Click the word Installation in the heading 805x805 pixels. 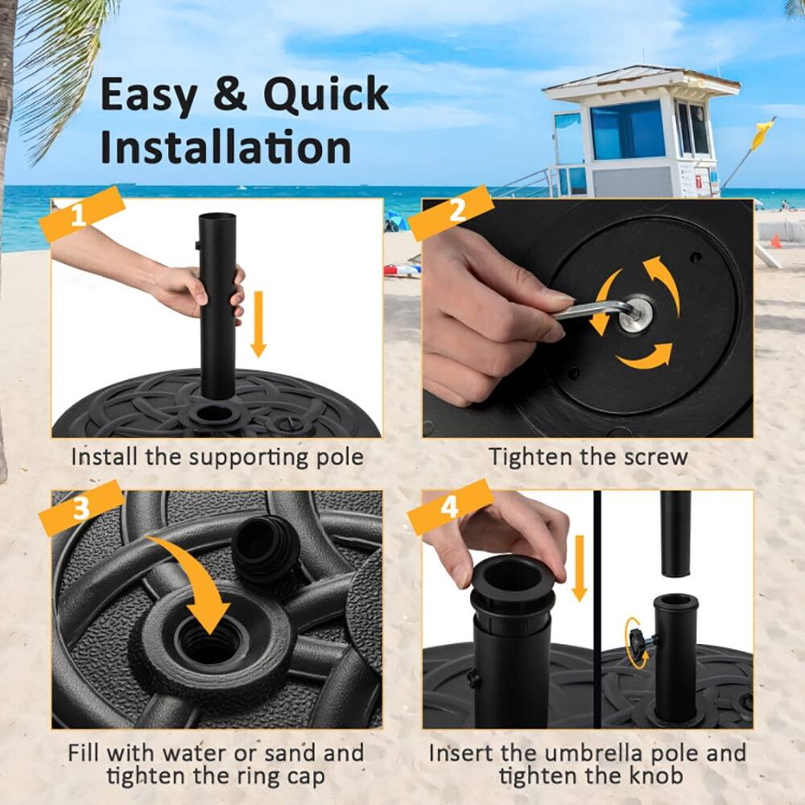click(x=225, y=148)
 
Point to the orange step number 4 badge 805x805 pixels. click(x=451, y=508)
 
